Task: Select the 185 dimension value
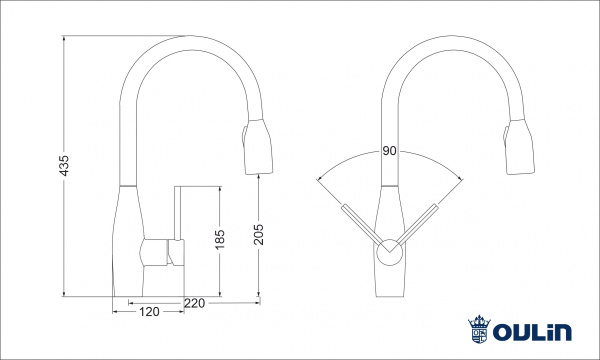point(222,240)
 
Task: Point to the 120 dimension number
point(148,312)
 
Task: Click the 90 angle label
point(389,152)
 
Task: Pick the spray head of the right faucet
point(520,148)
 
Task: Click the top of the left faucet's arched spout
point(186,40)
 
